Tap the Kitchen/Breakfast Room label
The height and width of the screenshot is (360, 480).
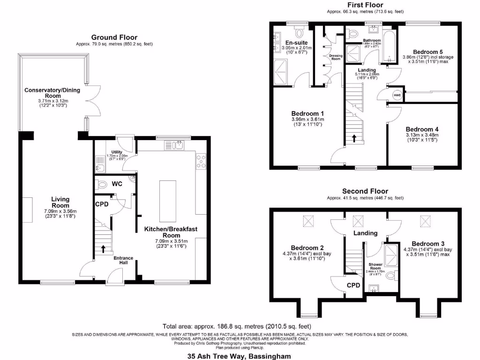point(171,232)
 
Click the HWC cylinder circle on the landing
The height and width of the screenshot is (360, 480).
point(397,95)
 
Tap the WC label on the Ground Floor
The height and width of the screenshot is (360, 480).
point(117,184)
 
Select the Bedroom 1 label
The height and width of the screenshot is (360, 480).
point(307,113)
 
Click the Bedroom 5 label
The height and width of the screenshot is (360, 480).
point(427,52)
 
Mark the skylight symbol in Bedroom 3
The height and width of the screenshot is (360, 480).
point(426,220)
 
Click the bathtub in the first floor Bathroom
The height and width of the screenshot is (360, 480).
point(389,47)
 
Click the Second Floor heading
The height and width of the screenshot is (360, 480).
point(365,191)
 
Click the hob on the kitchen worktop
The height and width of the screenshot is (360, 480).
point(202,161)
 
